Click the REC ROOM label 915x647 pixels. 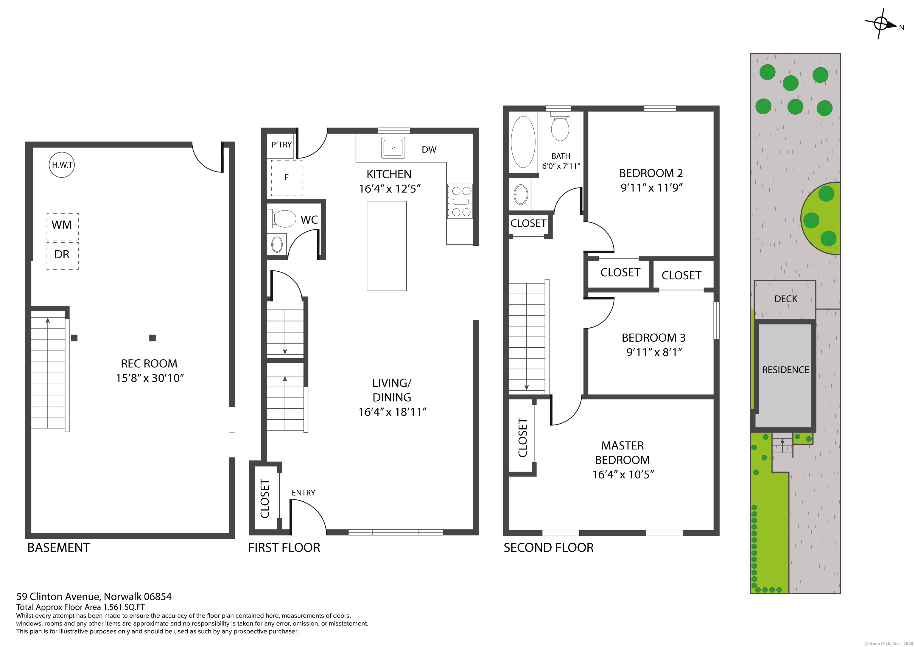point(149,363)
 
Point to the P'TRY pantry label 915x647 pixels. point(281,145)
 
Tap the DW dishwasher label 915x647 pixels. point(429,150)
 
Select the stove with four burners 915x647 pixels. point(460,201)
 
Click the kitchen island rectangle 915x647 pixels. point(387,246)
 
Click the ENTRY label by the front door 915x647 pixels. point(303,493)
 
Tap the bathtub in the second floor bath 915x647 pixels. point(523,142)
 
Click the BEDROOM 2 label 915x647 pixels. point(651,173)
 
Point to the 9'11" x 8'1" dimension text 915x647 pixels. point(654,352)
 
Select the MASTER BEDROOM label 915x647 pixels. point(623,453)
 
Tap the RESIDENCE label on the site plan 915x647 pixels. point(785,370)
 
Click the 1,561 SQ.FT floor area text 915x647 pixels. point(124,607)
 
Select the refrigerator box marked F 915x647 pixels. point(287,178)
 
